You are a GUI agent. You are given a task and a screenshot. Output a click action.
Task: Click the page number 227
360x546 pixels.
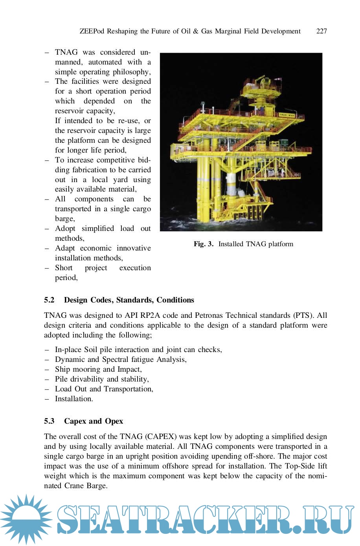(321, 31)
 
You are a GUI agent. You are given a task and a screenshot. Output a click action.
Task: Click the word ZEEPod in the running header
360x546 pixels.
(92, 31)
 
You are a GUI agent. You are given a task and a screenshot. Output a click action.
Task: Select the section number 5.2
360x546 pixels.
(49, 300)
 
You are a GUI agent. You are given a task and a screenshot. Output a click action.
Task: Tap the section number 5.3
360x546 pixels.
(49, 421)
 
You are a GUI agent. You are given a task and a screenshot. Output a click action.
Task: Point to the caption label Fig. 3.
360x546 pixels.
(203, 244)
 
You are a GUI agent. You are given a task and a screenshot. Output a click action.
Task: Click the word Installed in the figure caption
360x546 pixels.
(231, 244)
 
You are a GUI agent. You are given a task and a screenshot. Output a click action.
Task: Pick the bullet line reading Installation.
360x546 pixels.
(74, 399)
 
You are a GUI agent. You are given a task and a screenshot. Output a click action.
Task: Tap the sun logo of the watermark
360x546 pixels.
(26, 519)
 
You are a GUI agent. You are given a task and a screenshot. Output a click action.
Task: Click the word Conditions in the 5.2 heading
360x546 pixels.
(175, 300)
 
